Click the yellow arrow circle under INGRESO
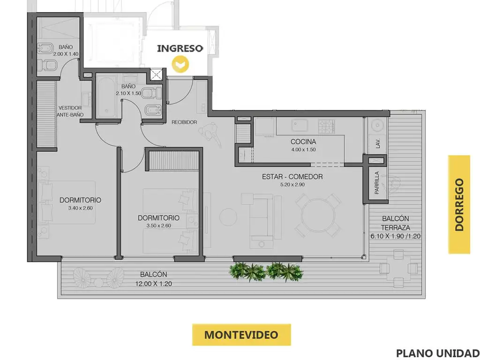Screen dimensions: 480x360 click(180, 64)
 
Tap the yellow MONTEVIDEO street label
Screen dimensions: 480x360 click(241, 335)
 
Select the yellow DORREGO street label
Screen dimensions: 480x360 click(459, 204)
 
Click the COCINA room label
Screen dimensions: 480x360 click(303, 142)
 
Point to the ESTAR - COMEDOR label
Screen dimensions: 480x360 click(292, 177)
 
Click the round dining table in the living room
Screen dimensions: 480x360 click(318, 215)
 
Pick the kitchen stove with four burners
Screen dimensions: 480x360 click(327, 126)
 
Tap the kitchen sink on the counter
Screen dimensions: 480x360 click(300, 126)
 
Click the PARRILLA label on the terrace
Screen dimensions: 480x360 click(377, 183)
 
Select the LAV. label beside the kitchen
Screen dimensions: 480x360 click(377, 143)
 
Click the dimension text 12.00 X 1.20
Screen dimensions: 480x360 click(154, 284)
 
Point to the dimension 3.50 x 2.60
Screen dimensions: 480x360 click(158, 225)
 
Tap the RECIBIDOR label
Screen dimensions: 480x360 click(184, 122)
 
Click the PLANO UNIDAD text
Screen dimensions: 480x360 click(438, 353)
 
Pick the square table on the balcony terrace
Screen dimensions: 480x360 click(398, 268)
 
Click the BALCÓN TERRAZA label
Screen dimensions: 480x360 click(396, 223)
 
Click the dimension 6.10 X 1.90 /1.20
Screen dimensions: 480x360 click(396, 236)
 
